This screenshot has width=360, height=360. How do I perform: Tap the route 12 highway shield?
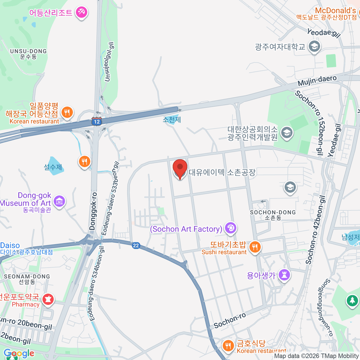(x=97, y=121)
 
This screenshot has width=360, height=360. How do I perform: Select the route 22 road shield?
(x=136, y=245)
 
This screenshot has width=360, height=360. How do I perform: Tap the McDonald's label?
(x=335, y=11)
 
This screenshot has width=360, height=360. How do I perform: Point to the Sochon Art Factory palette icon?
(x=230, y=228)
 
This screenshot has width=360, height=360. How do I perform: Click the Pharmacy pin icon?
(x=48, y=299)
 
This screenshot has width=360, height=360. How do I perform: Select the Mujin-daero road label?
(x=317, y=80)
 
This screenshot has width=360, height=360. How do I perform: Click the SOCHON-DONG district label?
(x=273, y=212)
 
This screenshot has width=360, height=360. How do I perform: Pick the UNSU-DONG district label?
(x=28, y=51)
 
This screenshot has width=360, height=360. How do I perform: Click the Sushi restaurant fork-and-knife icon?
(x=255, y=247)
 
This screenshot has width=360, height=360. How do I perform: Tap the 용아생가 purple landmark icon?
(x=284, y=274)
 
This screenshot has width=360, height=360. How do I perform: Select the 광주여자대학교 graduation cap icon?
(x=314, y=47)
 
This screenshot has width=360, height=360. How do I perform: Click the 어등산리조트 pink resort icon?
(x=81, y=12)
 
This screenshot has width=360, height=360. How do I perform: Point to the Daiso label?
(x=10, y=245)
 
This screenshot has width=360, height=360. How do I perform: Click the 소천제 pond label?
(x=172, y=120)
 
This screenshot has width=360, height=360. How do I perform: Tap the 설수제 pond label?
(x=53, y=167)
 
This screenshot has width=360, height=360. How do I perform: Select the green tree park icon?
(x=352, y=300)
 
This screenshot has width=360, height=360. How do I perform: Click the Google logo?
(x=19, y=353)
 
